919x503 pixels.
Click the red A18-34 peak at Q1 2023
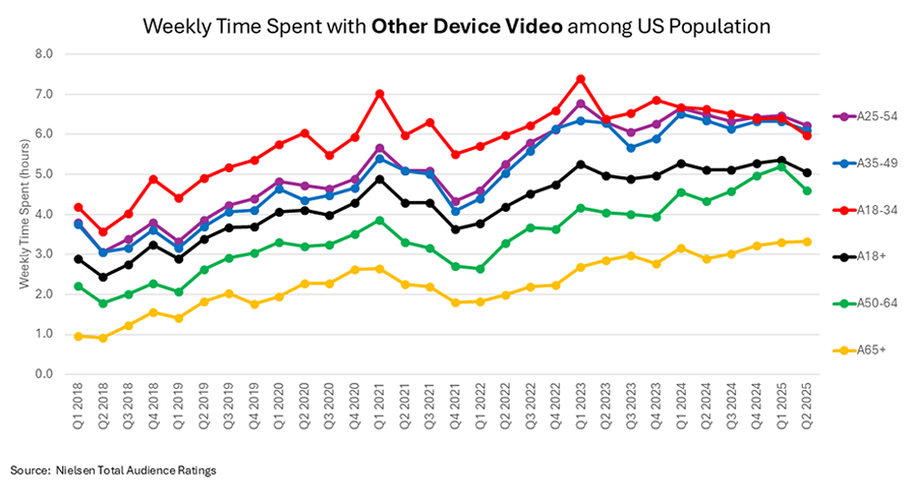580,78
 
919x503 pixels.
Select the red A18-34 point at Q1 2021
380,94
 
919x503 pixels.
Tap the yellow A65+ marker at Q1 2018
78,336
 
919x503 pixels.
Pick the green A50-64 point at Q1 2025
783,166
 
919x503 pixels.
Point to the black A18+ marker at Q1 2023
580,164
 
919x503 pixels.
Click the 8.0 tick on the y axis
44,54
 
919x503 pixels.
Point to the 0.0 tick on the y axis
44,373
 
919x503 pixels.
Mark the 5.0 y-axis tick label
44,174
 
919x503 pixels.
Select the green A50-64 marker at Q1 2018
78,285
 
